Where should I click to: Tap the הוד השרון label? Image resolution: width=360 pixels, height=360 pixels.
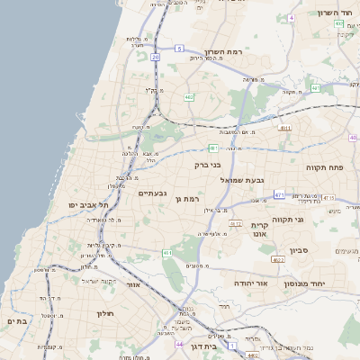(339, 13)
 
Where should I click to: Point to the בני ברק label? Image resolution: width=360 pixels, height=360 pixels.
(207, 166)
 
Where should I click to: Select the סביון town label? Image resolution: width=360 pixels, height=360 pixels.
(299, 251)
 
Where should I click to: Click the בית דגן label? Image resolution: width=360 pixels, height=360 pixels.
(206, 346)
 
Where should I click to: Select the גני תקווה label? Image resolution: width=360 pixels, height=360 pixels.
(312, 219)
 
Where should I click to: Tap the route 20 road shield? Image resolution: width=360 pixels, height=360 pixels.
(155, 57)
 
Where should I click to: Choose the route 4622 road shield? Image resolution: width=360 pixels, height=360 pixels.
(277, 259)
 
